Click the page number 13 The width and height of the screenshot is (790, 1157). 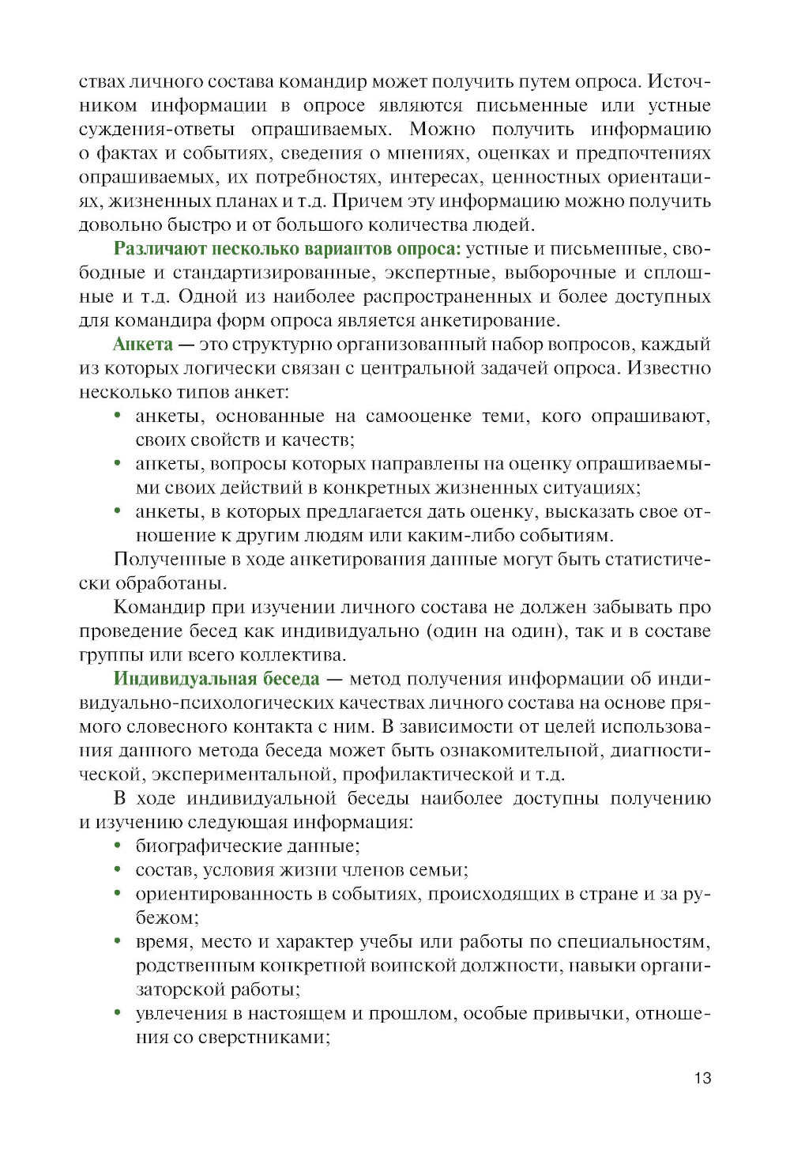(x=702, y=1078)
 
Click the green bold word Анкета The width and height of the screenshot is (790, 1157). (x=142, y=345)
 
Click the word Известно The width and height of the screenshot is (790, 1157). (x=668, y=368)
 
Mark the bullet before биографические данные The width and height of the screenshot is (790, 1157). (x=118, y=846)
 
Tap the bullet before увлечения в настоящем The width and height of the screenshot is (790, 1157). (x=118, y=1013)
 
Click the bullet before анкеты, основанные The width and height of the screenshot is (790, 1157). (x=118, y=416)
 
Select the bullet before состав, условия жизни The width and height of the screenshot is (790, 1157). (x=118, y=869)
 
